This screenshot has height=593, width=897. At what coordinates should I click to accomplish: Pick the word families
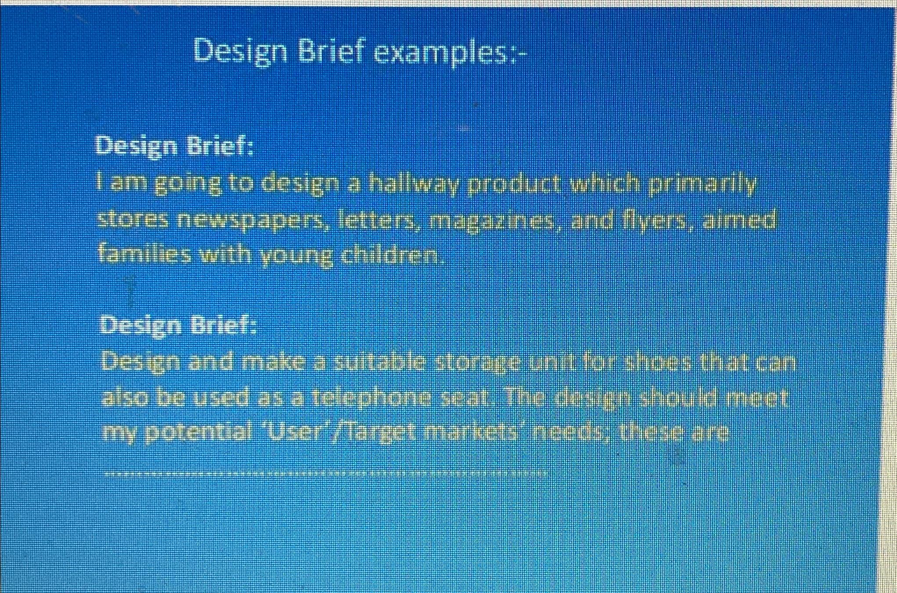tap(144, 255)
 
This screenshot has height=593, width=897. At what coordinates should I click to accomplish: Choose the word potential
tap(198, 433)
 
